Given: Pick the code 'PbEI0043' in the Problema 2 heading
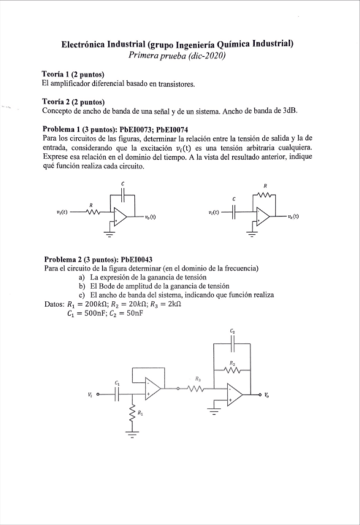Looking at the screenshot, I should point(136,259).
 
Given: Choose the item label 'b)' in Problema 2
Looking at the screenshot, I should point(81,286).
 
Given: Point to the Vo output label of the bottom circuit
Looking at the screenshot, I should point(266,394).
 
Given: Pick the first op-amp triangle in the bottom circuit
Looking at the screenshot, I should point(152,388).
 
